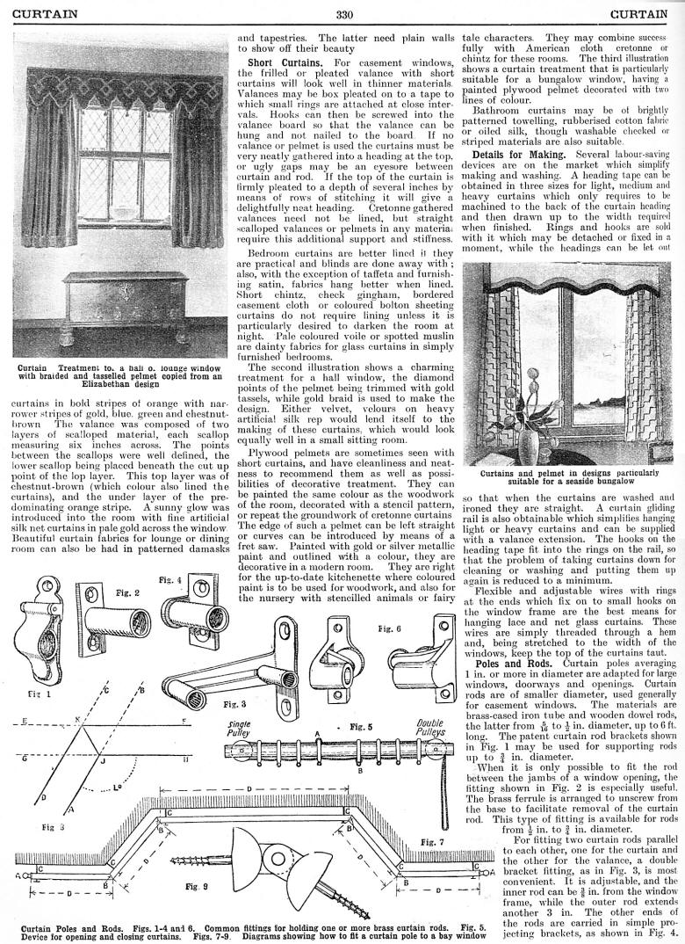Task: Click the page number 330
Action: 343,13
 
